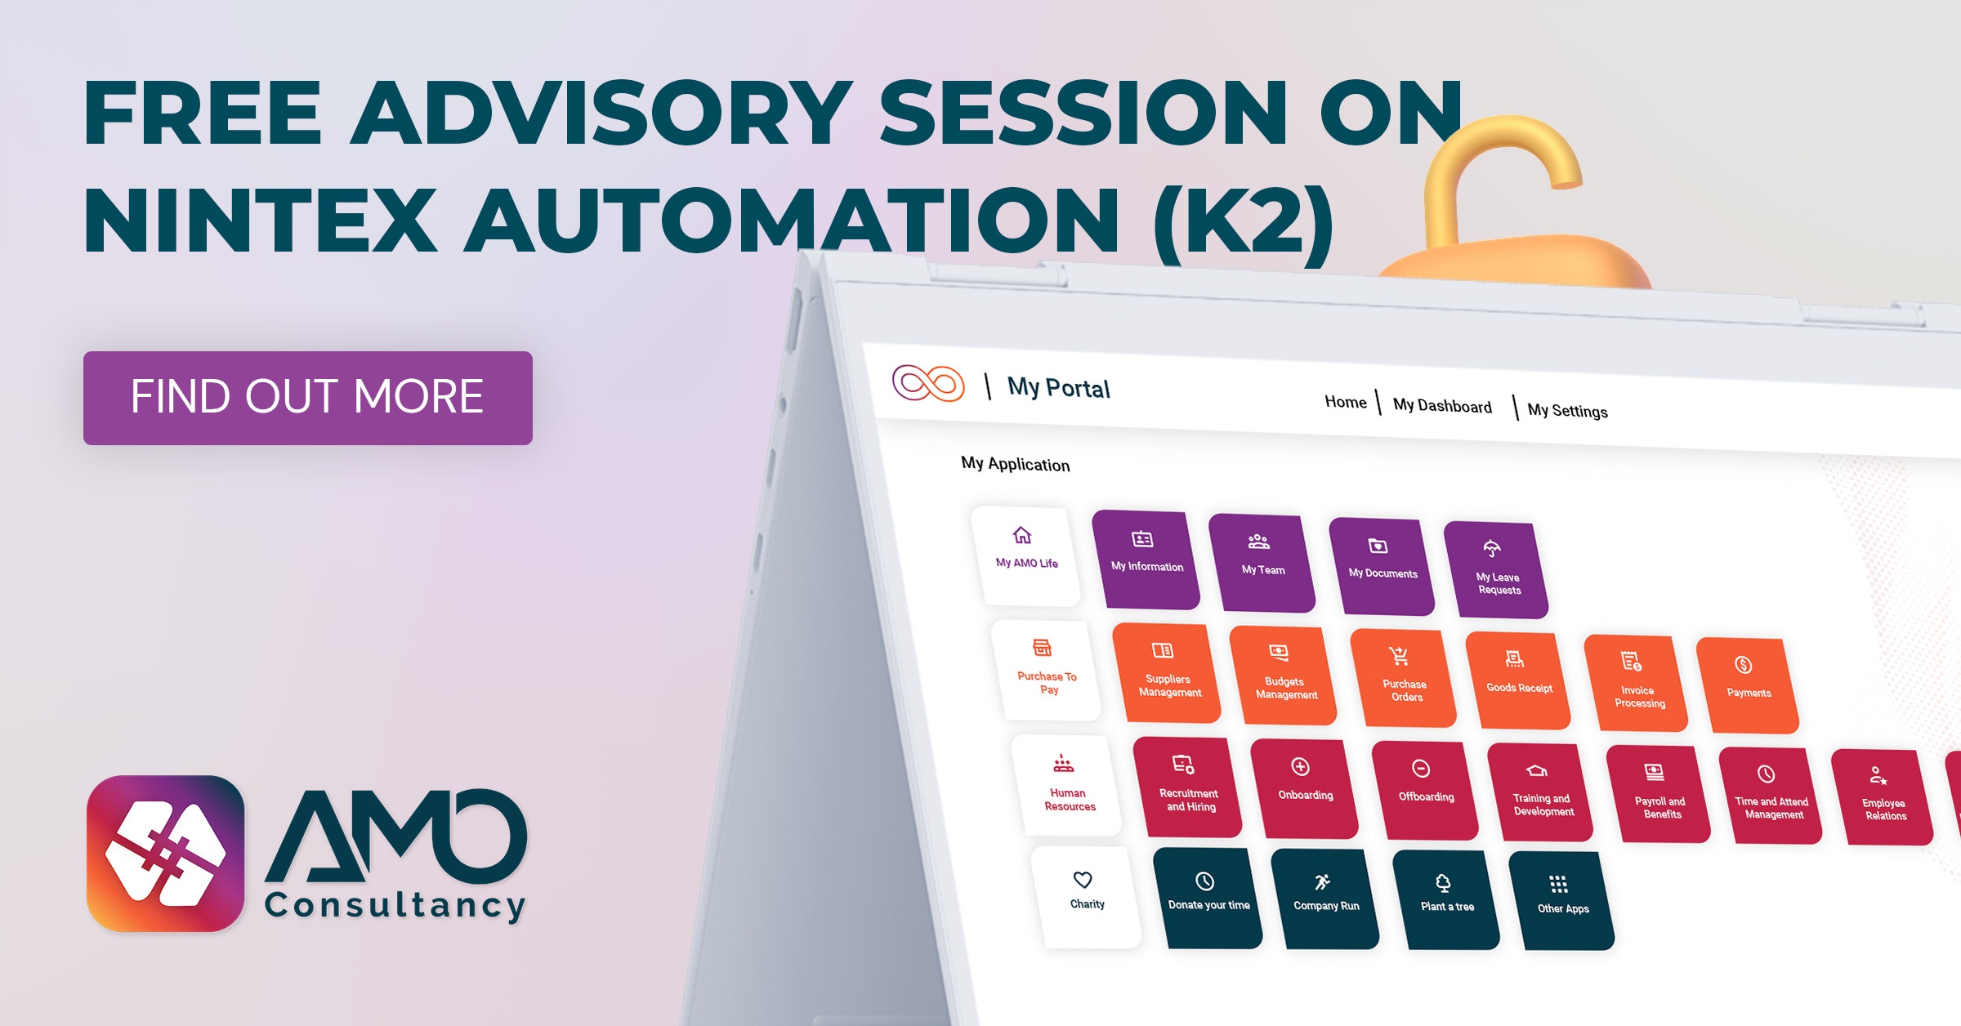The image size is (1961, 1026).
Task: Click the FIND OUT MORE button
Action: (x=307, y=398)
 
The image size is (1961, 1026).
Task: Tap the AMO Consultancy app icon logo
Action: (x=166, y=854)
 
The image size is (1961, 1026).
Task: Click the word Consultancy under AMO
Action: (x=395, y=905)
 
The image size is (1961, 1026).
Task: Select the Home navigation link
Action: (x=1345, y=402)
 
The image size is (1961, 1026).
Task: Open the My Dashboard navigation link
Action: (x=1442, y=406)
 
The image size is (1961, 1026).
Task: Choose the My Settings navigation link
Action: (x=1567, y=411)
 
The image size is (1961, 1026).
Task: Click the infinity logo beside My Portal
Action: (x=928, y=383)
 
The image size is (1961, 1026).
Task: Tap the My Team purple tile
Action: (x=1262, y=562)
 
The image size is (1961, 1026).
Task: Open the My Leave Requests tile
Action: (x=1496, y=569)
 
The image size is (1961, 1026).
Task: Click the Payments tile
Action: (x=1747, y=685)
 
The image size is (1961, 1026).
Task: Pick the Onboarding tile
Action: (x=1304, y=788)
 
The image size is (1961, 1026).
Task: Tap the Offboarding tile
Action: (x=1425, y=791)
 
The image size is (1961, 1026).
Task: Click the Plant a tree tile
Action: (x=1446, y=899)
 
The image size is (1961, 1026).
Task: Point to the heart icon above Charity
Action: (x=1083, y=880)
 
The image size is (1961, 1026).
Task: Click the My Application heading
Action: (x=1015, y=464)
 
